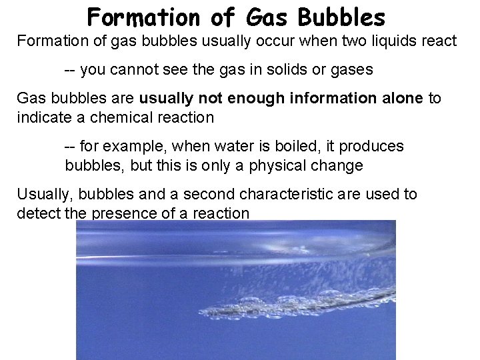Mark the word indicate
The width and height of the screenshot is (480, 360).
click(x=41, y=118)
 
